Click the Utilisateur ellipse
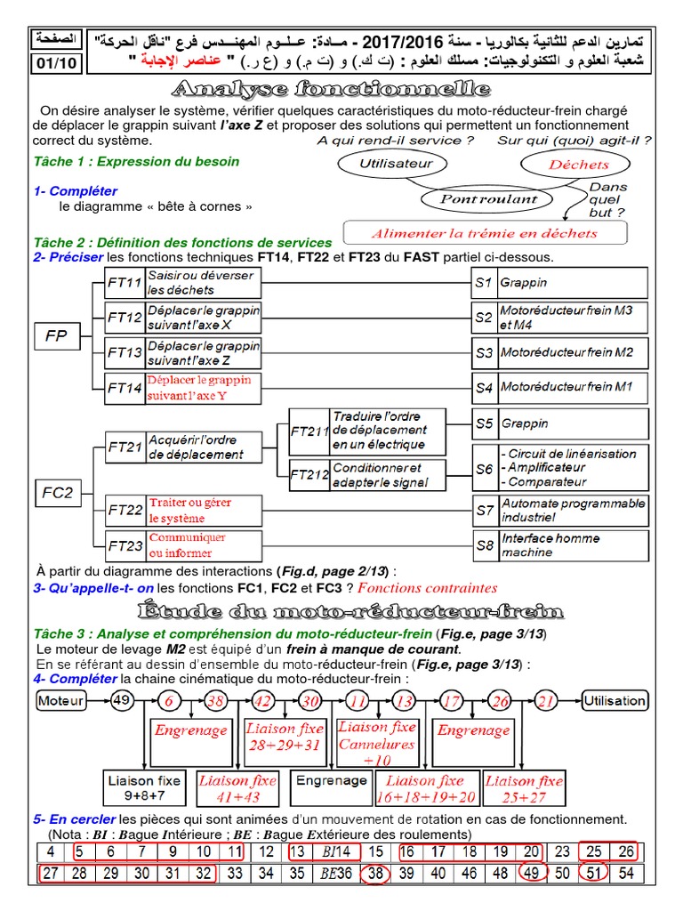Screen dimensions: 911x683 (x=396, y=164)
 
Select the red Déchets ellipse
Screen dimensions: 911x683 (x=578, y=165)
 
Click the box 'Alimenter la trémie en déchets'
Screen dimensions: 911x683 (x=485, y=233)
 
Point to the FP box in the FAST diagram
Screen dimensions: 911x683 (x=57, y=335)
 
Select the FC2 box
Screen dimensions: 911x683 (x=57, y=491)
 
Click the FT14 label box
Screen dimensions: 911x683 (x=124, y=388)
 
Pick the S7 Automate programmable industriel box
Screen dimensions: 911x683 (x=559, y=510)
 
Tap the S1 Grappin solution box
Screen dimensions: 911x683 (x=559, y=283)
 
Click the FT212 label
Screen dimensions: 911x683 (x=309, y=475)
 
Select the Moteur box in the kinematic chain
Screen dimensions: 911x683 (x=61, y=701)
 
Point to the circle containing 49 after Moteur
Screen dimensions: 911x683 (x=123, y=701)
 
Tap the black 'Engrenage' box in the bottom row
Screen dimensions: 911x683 (x=331, y=781)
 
